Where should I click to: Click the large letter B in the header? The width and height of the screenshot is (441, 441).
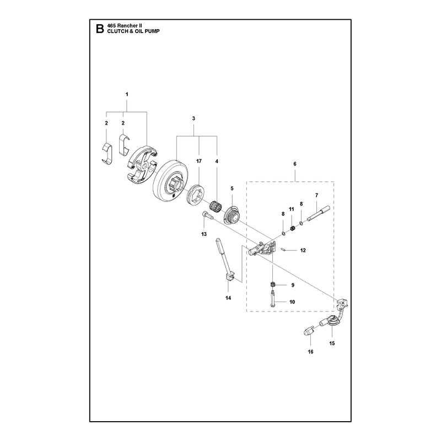point(100,29)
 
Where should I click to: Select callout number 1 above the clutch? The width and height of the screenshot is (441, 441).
point(127,94)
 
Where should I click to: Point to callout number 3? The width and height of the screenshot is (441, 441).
point(193,119)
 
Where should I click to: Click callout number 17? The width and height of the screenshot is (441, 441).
point(199,161)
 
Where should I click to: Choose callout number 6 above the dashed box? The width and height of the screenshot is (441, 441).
point(295,164)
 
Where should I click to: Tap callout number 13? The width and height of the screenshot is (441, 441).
point(204,234)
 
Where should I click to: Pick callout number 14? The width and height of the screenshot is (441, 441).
point(228,298)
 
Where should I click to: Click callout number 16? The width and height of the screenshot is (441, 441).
point(310,352)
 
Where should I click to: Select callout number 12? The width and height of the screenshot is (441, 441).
point(303,250)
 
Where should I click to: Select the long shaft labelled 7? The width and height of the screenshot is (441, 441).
point(318,213)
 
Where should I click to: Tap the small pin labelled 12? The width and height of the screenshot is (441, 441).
point(284,249)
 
